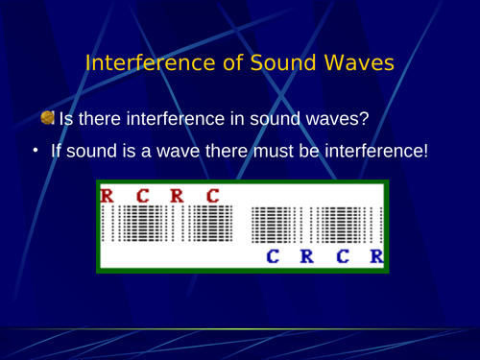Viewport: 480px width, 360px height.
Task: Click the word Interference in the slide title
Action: pos(140,63)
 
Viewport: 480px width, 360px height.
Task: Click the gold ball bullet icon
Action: pos(48,118)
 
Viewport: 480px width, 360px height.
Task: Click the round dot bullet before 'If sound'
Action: pos(35,152)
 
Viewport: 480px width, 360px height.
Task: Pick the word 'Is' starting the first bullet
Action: pos(67,119)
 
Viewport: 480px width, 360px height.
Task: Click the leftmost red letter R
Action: pos(107,197)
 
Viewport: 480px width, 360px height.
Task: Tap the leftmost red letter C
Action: pos(142,197)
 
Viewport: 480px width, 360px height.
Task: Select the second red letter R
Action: pos(177,197)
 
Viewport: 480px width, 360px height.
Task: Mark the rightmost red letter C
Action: pos(212,197)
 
